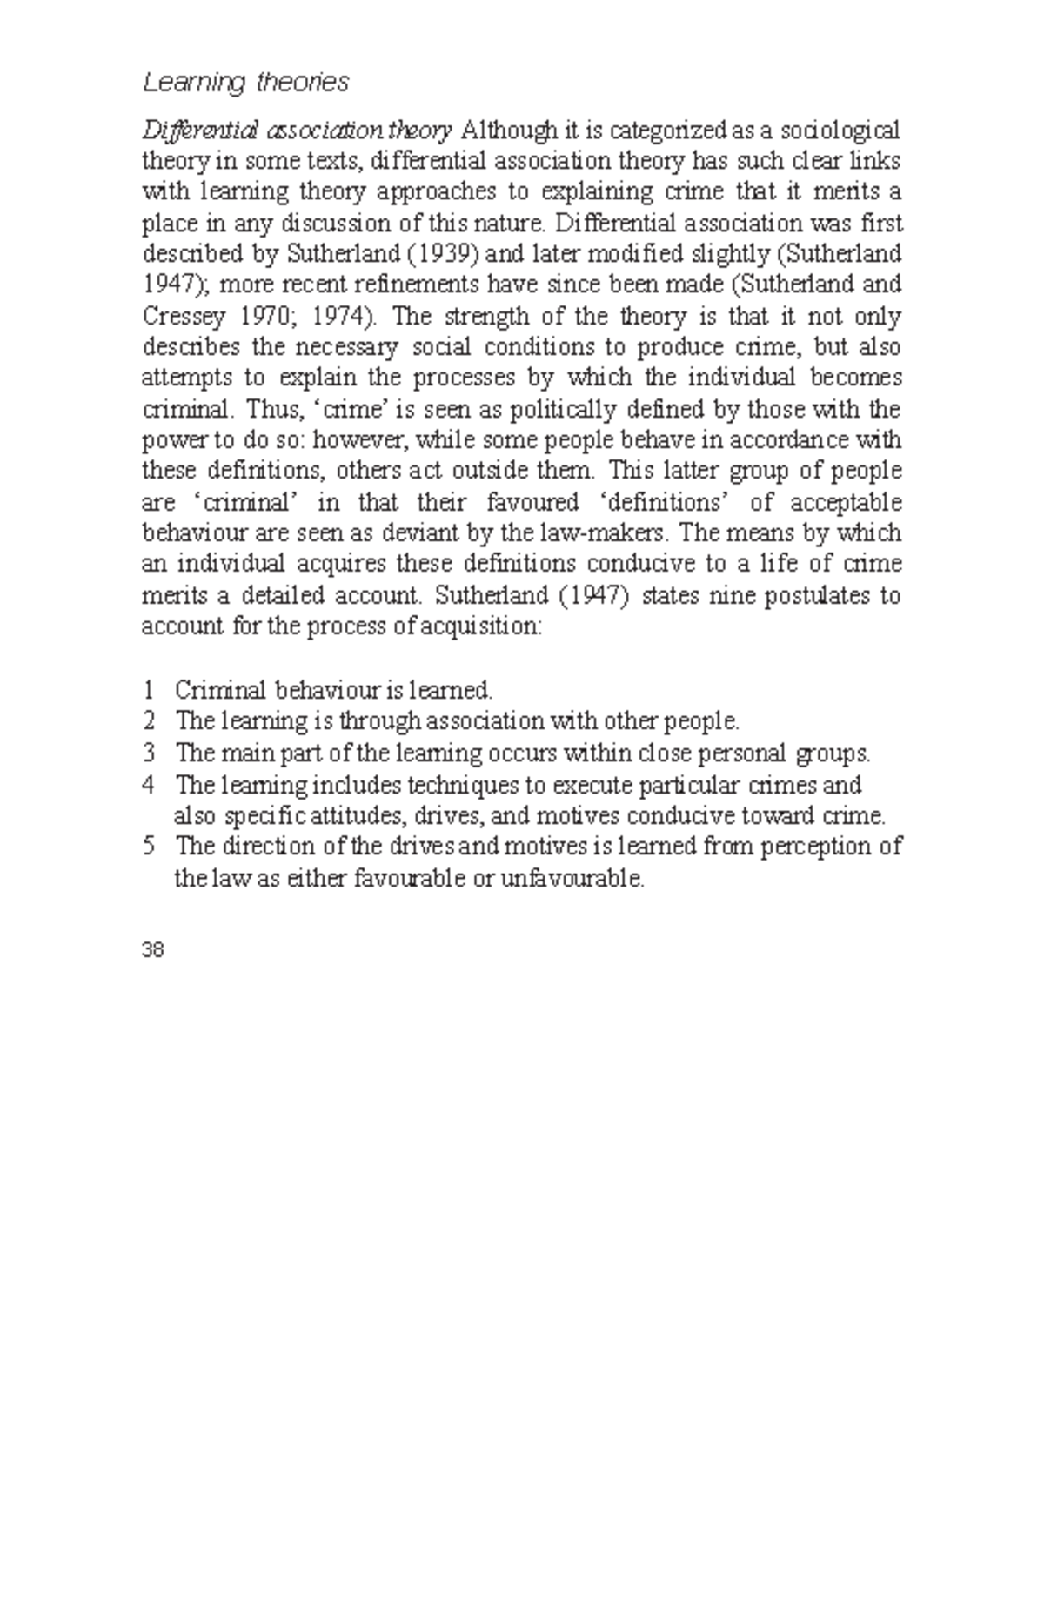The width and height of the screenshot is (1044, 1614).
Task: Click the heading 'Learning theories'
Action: click(245, 83)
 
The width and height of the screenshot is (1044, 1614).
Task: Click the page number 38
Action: click(152, 950)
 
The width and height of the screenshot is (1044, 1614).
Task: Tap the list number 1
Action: click(149, 691)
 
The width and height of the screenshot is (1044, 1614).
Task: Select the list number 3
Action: click(149, 753)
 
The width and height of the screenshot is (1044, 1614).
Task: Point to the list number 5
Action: click(149, 847)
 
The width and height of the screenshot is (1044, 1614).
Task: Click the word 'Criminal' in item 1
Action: click(218, 691)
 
